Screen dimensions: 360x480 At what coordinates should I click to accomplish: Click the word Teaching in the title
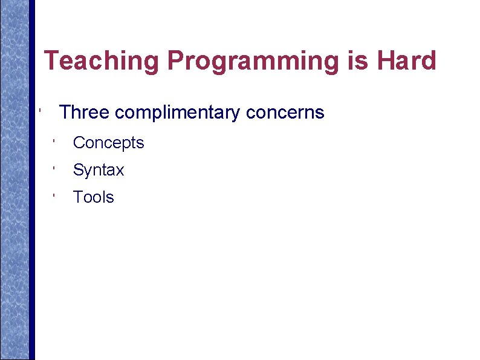click(x=102, y=61)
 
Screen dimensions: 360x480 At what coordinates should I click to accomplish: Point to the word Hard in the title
click(x=406, y=61)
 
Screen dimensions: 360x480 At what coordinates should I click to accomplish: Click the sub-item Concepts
click(x=108, y=143)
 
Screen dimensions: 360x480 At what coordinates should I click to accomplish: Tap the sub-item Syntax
click(x=98, y=171)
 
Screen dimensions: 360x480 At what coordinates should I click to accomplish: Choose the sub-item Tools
click(x=93, y=197)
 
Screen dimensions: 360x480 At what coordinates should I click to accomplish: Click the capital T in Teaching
click(x=52, y=61)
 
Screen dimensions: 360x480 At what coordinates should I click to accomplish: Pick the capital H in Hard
click(x=385, y=61)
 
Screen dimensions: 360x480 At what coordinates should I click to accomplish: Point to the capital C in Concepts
click(x=79, y=143)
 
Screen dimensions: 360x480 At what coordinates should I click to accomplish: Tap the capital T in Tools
click(x=77, y=197)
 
